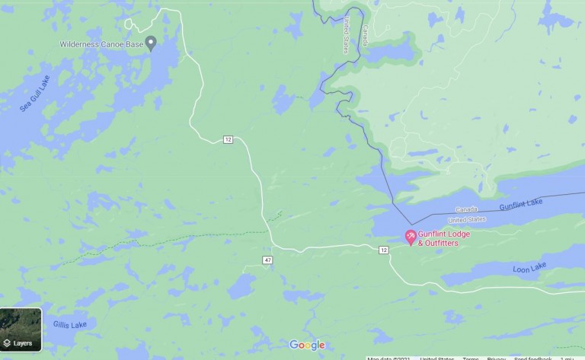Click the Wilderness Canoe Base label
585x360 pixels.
point(102,44)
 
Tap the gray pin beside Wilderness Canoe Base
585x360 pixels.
point(151,42)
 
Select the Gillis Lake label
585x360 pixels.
point(69,325)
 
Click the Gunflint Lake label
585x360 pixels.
point(521,204)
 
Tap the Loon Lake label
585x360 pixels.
point(529,268)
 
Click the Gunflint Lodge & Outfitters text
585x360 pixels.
point(444,238)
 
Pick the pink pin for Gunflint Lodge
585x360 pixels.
point(410,237)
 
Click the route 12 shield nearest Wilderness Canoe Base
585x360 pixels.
point(228,139)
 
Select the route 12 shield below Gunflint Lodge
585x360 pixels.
point(383,250)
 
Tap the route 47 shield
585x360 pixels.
point(267,260)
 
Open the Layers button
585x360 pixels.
point(21,330)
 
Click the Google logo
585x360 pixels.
point(306,346)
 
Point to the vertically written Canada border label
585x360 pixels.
point(365,34)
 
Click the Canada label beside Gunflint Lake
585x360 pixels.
point(466,209)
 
